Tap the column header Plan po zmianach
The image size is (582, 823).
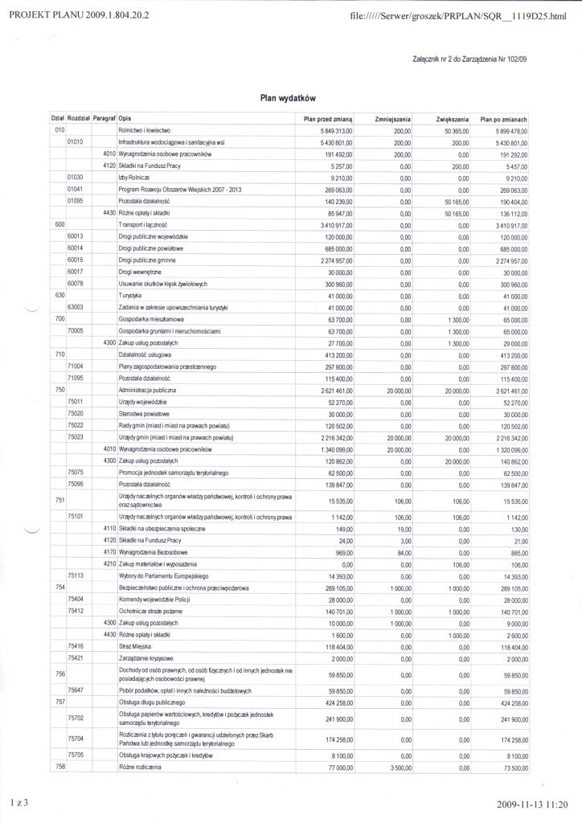tap(503, 118)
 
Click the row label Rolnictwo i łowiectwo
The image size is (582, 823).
tap(144, 129)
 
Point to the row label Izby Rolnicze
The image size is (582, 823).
tap(134, 176)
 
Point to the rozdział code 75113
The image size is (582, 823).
tap(77, 575)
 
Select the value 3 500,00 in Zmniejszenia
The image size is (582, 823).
tap(399, 768)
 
